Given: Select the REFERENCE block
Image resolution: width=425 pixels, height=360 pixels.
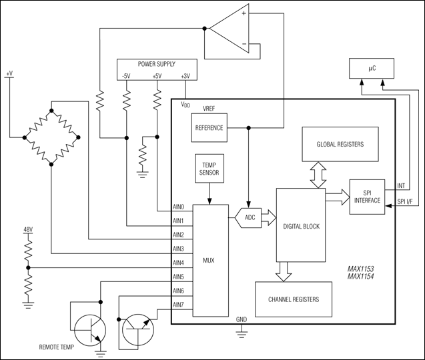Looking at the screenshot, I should coord(209,127).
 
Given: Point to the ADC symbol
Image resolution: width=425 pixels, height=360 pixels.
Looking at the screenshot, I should coord(248,217).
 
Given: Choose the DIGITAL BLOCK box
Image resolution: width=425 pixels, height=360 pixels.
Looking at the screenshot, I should coord(301,226).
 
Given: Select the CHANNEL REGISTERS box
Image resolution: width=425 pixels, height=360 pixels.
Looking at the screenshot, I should coord(294,300).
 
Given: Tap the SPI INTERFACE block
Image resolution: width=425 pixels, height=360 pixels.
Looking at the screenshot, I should coord(366,196).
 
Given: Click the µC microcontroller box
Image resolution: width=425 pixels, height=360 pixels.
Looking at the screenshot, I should coord(372,67).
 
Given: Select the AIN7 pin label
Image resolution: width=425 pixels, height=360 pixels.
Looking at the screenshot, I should coord(179,305).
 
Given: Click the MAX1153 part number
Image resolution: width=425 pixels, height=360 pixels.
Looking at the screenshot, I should coord(360,270).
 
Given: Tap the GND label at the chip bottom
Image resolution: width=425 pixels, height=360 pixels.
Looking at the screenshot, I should coord(242,319).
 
